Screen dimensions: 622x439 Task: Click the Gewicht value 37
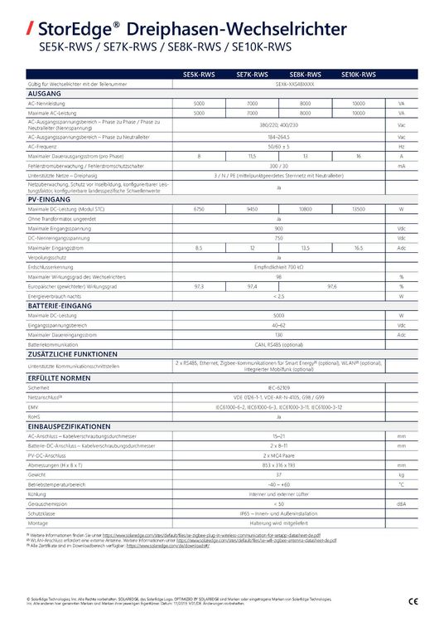tap(278, 474)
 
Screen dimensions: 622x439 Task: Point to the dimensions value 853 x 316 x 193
tap(278, 465)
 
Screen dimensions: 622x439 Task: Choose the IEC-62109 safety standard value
tap(278, 387)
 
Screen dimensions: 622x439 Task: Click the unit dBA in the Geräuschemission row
tap(401, 503)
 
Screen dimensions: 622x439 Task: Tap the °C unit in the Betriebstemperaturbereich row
tap(401, 484)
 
